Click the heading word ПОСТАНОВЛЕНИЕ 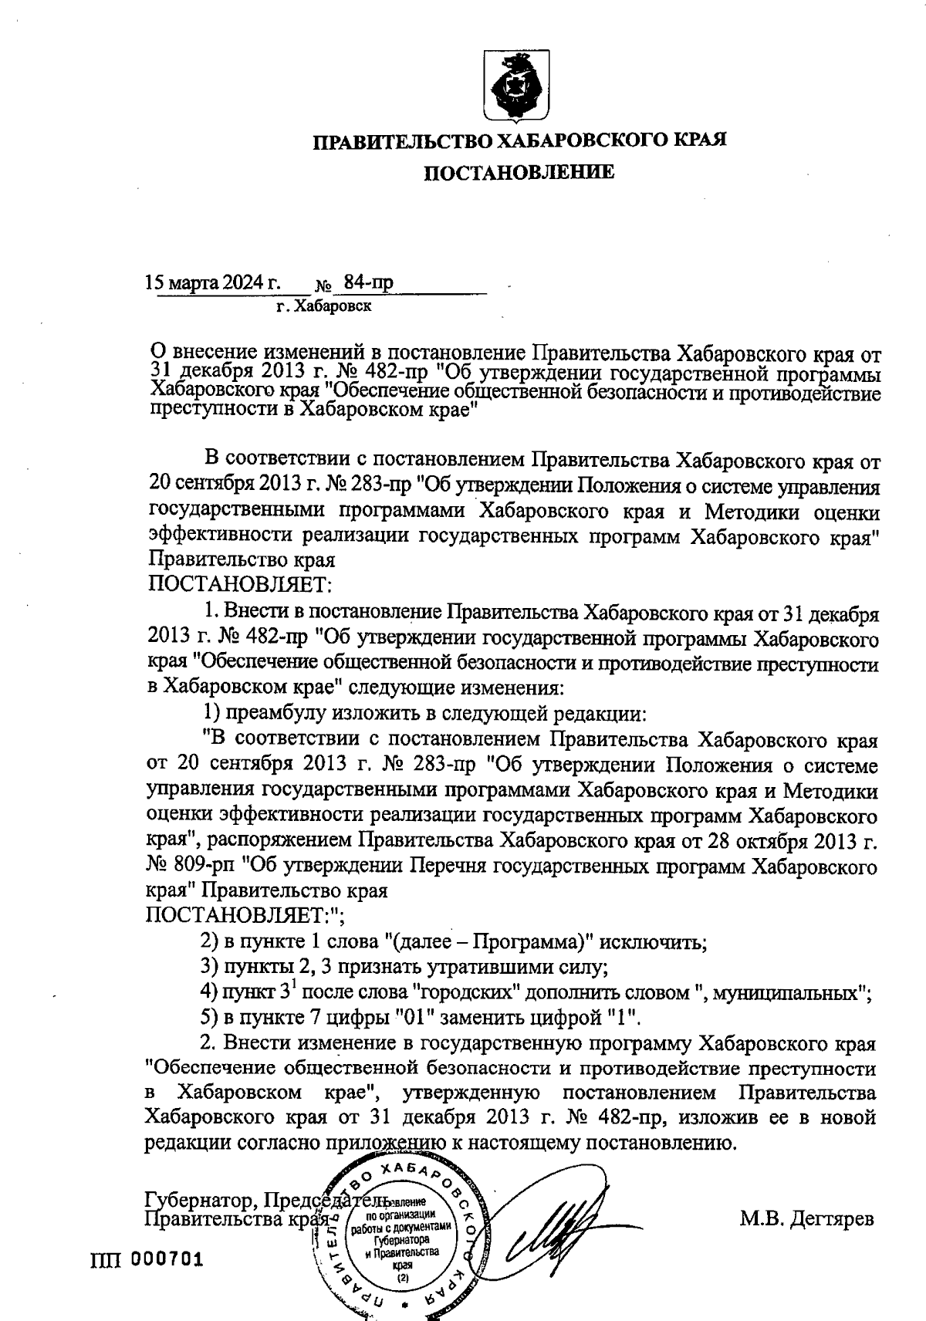coord(522,172)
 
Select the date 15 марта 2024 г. coord(213,282)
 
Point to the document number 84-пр coord(368,282)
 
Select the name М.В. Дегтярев coord(807,1220)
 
